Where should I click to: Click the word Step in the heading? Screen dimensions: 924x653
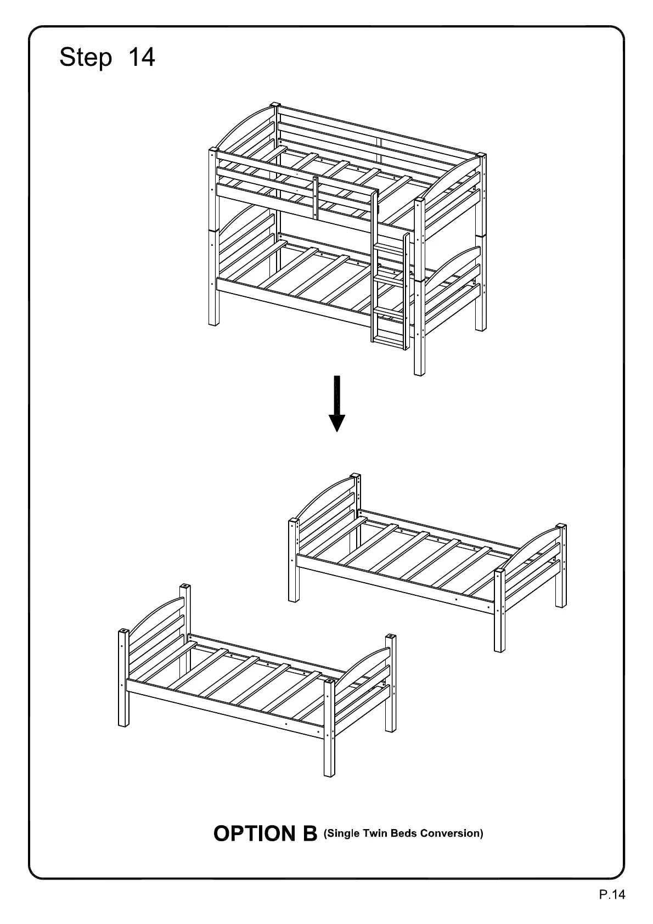click(86, 57)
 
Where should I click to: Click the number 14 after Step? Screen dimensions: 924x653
click(141, 57)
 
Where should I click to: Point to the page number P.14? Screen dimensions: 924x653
click(612, 895)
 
